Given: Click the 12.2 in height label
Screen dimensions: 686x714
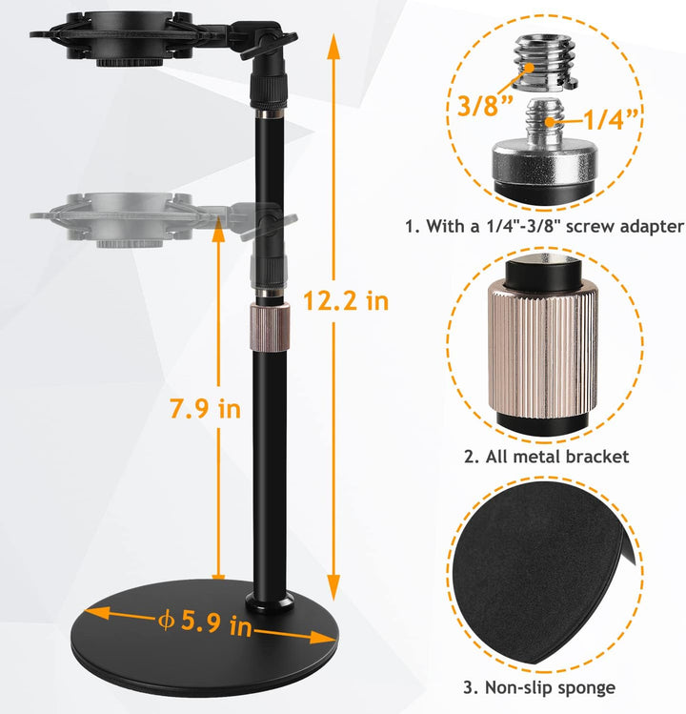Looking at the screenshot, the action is (x=346, y=301).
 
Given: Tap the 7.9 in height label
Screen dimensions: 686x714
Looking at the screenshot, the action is (x=205, y=408).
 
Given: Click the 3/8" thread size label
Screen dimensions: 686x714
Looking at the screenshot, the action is (x=485, y=106).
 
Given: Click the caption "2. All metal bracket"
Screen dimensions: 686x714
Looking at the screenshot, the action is (x=546, y=457).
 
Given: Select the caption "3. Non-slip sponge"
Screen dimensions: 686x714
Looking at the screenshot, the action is (x=539, y=687).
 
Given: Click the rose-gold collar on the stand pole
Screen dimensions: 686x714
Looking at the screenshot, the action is (x=270, y=328).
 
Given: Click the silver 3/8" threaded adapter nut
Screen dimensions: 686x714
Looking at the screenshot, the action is (x=546, y=61).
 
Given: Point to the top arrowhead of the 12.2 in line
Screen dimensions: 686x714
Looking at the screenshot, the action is (x=333, y=46).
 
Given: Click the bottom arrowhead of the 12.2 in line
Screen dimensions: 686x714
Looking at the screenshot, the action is (x=333, y=587).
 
